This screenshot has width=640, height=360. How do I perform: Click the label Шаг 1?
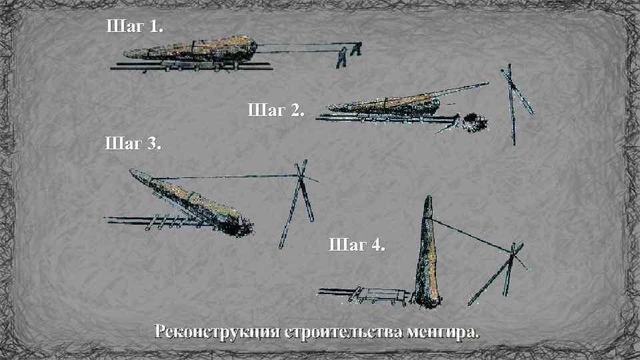pyautogui.click(x=135, y=26)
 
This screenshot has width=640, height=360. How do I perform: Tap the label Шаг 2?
pyautogui.click(x=276, y=110)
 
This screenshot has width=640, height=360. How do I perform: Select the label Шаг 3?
pyautogui.click(x=133, y=143)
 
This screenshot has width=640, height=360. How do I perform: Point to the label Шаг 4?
pyautogui.click(x=357, y=245)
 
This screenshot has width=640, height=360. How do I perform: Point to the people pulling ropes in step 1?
pyautogui.click(x=349, y=55)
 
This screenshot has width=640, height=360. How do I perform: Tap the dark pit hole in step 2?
pyautogui.click(x=475, y=123)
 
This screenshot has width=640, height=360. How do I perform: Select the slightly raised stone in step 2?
pyautogui.click(x=384, y=105)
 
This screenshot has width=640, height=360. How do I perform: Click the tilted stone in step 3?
pyautogui.click(x=191, y=203)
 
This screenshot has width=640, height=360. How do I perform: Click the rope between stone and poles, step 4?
pyautogui.click(x=470, y=235)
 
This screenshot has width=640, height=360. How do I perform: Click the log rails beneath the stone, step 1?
pyautogui.click(x=191, y=66)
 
